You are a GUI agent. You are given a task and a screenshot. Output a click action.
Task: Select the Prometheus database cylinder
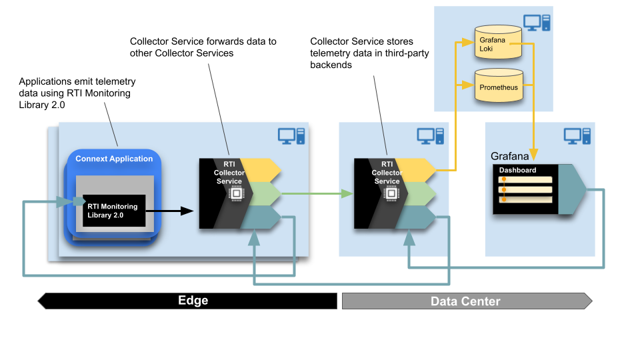[x=497, y=87]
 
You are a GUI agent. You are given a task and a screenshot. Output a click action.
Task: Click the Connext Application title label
[x=114, y=159]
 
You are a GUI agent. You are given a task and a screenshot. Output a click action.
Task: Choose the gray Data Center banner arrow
[x=467, y=301]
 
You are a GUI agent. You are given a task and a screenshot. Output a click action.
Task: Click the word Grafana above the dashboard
[x=510, y=157]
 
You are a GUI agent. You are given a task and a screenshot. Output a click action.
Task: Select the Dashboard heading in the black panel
[x=517, y=170]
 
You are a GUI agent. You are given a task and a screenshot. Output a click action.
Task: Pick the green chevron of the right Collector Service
[x=417, y=193]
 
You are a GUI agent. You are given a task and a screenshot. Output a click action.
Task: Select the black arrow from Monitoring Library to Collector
[x=169, y=211]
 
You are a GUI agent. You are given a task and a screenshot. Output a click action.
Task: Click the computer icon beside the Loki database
[x=537, y=23]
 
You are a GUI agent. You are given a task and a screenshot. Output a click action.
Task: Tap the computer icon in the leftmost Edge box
[x=291, y=136]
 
